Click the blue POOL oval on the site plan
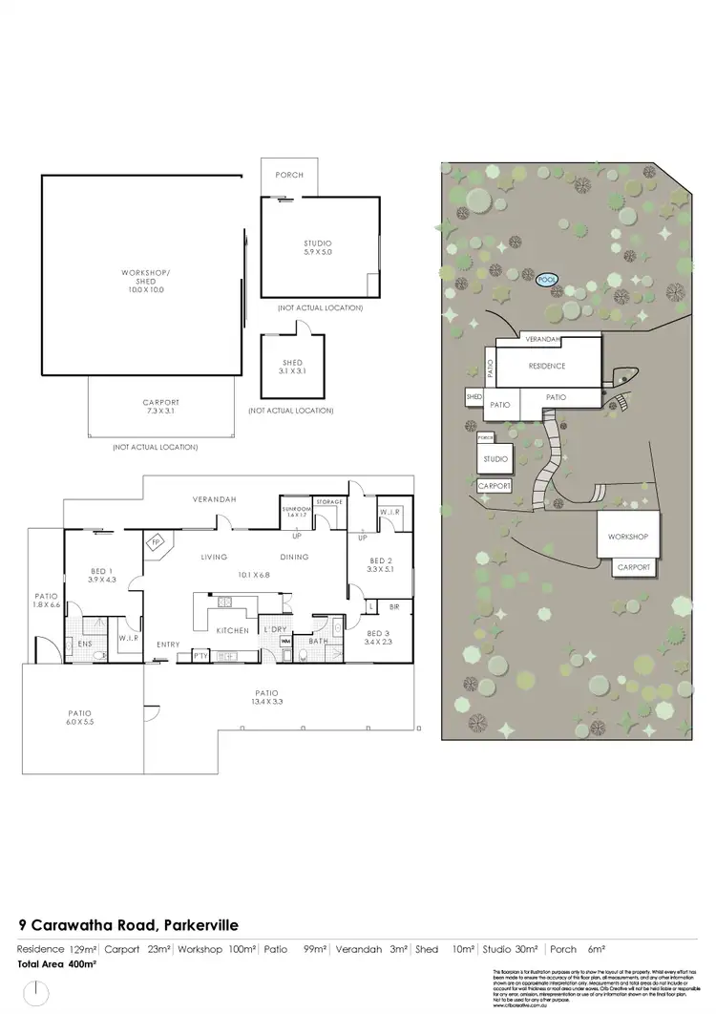point(547,280)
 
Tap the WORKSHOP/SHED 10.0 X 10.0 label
point(143,283)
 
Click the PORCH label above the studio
point(289,176)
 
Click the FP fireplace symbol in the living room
point(155,542)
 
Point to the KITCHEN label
point(232,631)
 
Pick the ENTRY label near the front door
point(168,644)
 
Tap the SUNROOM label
point(297,510)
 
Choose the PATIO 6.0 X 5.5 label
point(80,716)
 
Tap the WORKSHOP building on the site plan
point(626,538)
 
